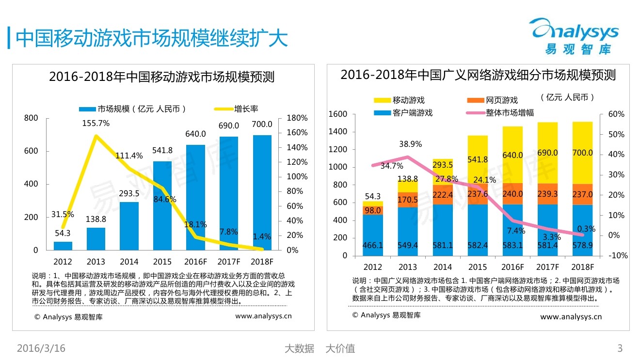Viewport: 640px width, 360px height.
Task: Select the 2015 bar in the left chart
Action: tap(162, 206)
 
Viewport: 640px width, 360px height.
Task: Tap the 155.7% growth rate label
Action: tap(96, 124)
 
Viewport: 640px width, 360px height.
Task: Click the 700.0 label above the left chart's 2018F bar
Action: tap(262, 125)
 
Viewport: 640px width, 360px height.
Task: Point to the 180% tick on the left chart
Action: tap(297, 118)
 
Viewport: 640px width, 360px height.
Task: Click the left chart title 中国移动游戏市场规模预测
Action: tap(161, 77)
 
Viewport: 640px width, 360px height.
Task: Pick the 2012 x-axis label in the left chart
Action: tap(63, 262)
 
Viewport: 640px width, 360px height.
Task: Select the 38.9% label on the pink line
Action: tap(410, 144)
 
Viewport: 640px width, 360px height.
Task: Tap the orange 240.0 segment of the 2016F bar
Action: tap(512, 194)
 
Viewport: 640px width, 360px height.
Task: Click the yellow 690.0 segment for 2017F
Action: tap(548, 153)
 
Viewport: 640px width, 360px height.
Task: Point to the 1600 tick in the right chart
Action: tap(337, 114)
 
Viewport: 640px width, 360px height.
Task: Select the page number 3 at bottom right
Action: tap(619, 348)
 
